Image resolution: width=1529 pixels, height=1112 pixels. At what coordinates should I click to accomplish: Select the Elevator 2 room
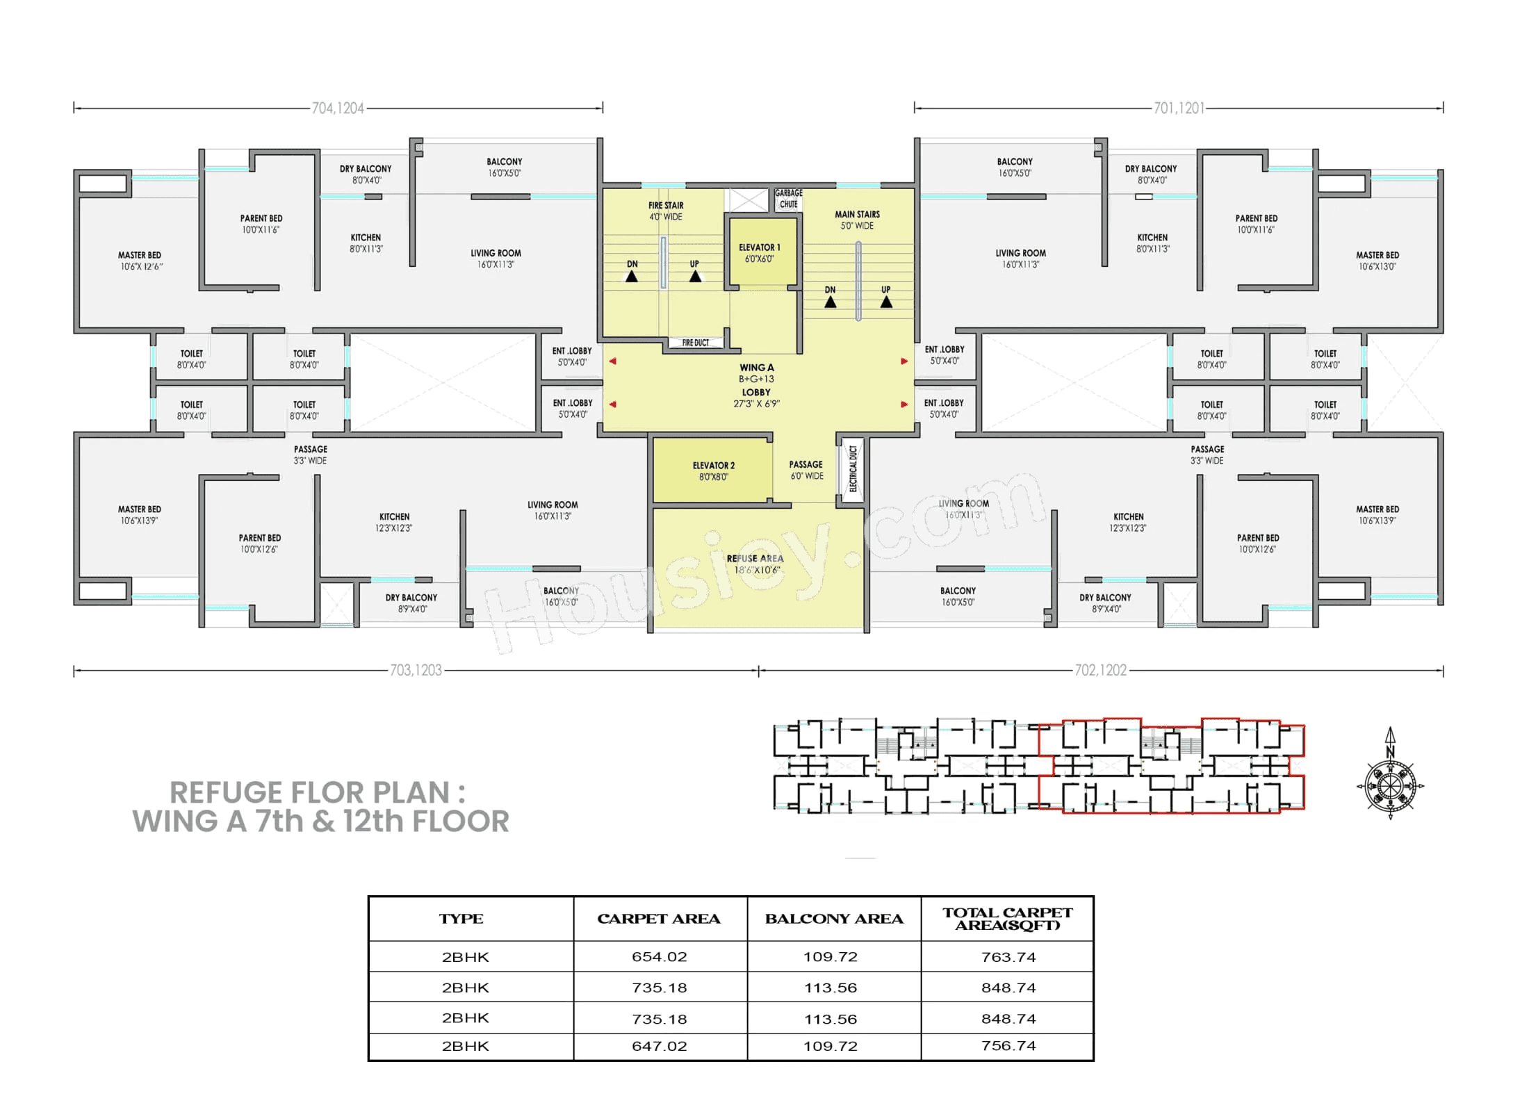click(x=713, y=471)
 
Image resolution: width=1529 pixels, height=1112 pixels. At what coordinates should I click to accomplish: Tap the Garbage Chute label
click(x=788, y=199)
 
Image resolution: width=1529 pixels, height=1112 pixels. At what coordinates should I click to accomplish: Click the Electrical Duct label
click(x=853, y=468)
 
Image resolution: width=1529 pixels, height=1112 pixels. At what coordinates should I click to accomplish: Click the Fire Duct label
click(x=695, y=343)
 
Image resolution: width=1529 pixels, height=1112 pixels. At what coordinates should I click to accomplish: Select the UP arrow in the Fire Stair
click(x=695, y=276)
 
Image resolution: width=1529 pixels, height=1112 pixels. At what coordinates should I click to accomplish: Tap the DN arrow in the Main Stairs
click(x=830, y=302)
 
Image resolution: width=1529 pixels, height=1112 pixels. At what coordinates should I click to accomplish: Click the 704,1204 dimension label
click(x=338, y=108)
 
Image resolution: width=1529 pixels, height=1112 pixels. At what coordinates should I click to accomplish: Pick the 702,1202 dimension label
click(x=1100, y=670)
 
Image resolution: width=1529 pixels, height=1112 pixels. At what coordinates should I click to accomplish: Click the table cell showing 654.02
click(x=659, y=956)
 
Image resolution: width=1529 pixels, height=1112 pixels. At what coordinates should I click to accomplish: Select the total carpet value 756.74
click(x=1008, y=1045)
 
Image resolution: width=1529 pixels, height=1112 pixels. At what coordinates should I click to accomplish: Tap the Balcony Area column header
click(x=834, y=919)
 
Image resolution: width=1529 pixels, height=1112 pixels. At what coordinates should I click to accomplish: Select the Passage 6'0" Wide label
click(x=806, y=470)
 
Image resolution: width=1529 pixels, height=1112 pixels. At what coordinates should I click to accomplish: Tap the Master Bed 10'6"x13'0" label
click(x=1377, y=261)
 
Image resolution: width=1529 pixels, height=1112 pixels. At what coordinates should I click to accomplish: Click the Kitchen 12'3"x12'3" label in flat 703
click(x=394, y=522)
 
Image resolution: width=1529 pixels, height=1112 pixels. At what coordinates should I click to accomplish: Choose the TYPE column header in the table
click(x=461, y=919)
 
